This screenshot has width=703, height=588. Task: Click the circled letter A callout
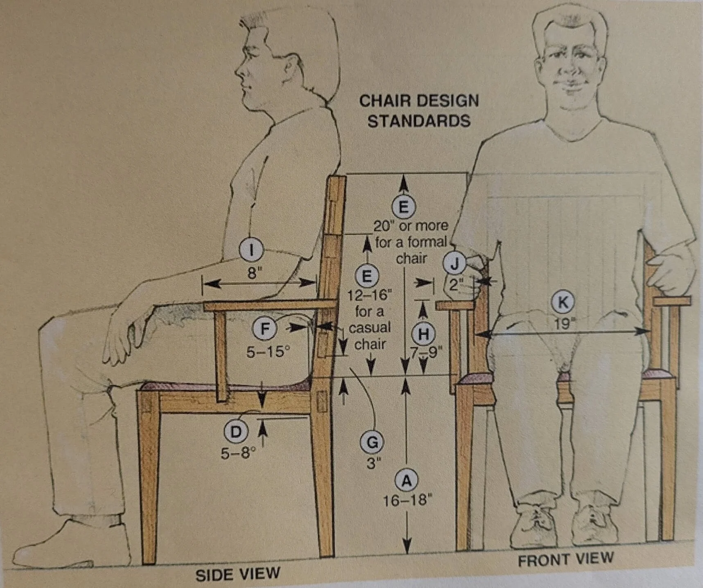[x=406, y=480]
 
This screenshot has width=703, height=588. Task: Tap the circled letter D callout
[x=236, y=432]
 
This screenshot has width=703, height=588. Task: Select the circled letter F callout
[x=265, y=329]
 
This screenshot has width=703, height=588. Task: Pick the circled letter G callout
[x=371, y=443]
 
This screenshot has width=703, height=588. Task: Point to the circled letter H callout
[x=423, y=334]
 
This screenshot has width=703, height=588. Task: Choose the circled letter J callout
[x=455, y=264]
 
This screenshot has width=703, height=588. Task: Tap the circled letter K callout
[x=563, y=302]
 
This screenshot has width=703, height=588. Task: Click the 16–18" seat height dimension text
[x=407, y=500]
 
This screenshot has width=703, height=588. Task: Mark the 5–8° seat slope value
[x=238, y=453]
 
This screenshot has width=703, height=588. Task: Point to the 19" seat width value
[x=563, y=324]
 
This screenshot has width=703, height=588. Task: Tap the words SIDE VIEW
[x=238, y=574]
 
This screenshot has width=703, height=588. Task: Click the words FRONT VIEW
[x=565, y=559]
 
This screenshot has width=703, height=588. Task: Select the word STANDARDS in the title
[x=419, y=121]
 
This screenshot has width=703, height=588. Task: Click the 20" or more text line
[x=411, y=226]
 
